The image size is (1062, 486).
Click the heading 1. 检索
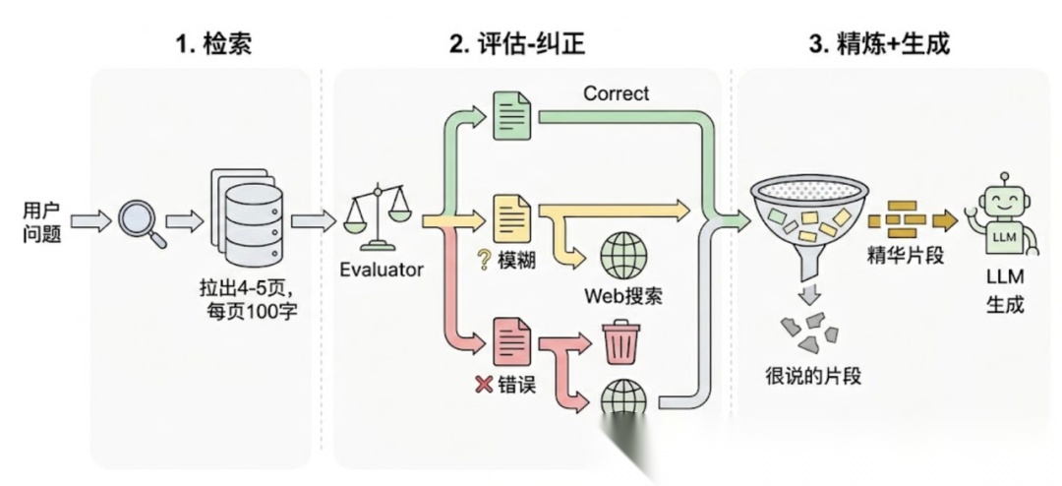[213, 44]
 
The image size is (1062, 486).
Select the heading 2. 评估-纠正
[517, 44]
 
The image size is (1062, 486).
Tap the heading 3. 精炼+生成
[878, 44]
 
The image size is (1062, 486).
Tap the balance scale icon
[378, 218]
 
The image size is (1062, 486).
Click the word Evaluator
[382, 270]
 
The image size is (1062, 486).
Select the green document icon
[512, 116]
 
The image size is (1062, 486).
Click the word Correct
[616, 93]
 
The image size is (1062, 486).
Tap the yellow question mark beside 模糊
[484, 260]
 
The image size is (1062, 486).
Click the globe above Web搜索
[623, 256]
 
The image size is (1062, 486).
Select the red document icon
[513, 341]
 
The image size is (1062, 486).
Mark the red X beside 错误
[484, 385]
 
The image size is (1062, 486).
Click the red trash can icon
[620, 343]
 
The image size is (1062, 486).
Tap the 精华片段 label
[905, 256]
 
